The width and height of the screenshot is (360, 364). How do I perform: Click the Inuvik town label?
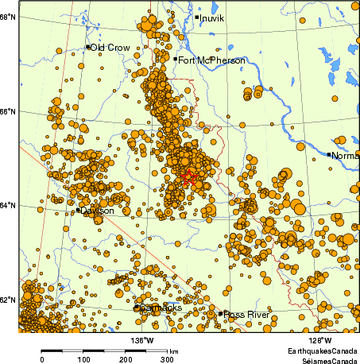point(213,17)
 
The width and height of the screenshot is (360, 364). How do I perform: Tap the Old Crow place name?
point(110,48)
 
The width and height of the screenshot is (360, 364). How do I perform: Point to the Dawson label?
point(97,211)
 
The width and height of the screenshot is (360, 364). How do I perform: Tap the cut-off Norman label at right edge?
point(345,156)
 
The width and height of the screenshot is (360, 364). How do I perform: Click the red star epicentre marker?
point(188,176)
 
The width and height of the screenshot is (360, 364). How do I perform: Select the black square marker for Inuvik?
point(196,17)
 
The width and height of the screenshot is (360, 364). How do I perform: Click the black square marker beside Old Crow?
point(87,47)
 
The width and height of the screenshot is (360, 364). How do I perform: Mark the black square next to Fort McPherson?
point(175,59)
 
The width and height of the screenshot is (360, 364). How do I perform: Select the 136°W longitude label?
point(144,340)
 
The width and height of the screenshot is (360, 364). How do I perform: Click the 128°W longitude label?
point(321,340)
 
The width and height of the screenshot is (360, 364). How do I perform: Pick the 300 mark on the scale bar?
point(167,360)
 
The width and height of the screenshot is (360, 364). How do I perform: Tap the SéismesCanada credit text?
point(325,359)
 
